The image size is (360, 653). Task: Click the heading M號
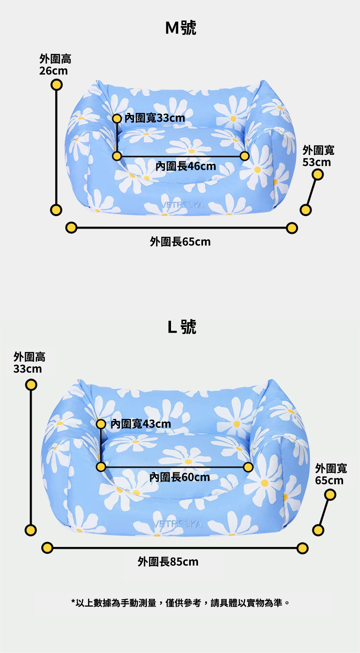pyautogui.click(x=180, y=28)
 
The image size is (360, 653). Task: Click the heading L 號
pyautogui.click(x=182, y=327)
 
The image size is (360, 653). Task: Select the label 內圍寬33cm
pyautogui.click(x=154, y=118)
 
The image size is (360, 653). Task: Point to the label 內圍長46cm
pyautogui.click(x=186, y=166)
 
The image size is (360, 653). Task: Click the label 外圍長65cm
pyautogui.click(x=180, y=242)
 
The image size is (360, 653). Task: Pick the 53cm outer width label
pyautogui.click(x=318, y=156)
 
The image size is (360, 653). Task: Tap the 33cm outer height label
pyautogui.click(x=29, y=363)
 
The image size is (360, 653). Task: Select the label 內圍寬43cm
pyautogui.click(x=141, y=424)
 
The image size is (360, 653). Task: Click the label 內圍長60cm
pyautogui.click(x=179, y=477)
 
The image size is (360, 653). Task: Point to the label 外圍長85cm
pyautogui.click(x=168, y=562)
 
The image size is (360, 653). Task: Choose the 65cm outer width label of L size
pyautogui.click(x=330, y=474)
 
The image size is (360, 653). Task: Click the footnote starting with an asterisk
pyautogui.click(x=180, y=603)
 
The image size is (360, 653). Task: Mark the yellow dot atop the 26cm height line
pyautogui.click(x=56, y=85)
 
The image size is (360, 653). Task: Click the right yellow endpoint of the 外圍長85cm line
pyautogui.click(x=302, y=548)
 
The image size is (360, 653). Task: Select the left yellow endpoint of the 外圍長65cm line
pyautogui.click(x=71, y=228)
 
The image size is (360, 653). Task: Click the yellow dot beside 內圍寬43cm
pyautogui.click(x=101, y=424)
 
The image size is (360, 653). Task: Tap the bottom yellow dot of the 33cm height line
pyautogui.click(x=31, y=530)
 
